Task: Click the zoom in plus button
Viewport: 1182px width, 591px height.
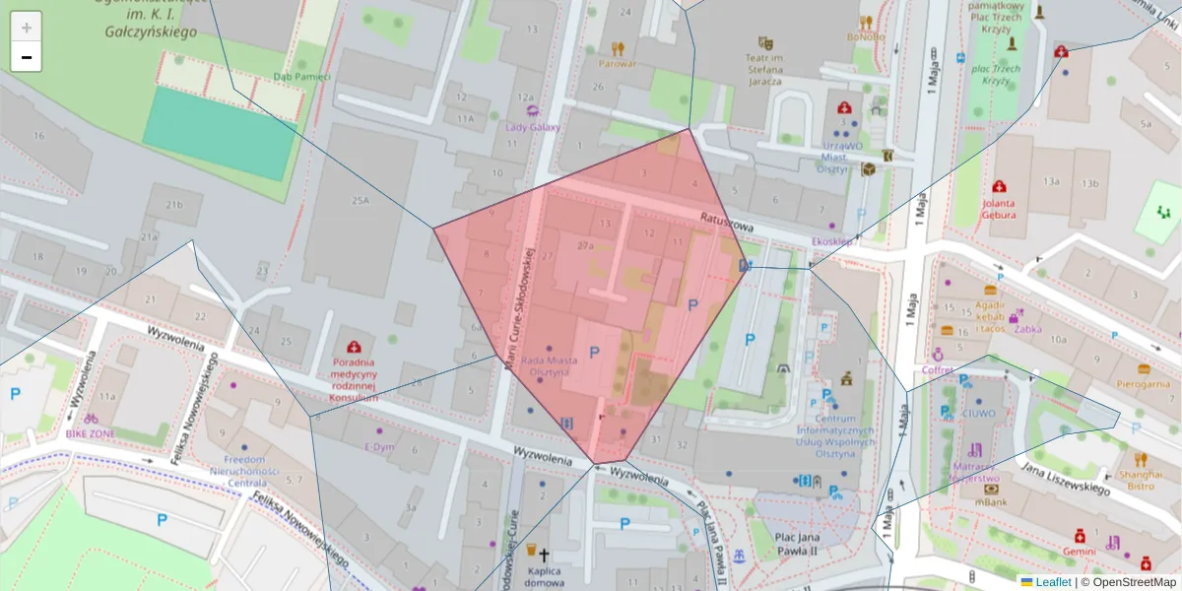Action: click(x=27, y=28)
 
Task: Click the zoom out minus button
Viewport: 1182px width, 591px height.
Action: click(x=27, y=57)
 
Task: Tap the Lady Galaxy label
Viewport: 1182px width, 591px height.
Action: click(x=532, y=127)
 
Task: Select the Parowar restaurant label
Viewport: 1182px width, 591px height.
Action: click(x=617, y=64)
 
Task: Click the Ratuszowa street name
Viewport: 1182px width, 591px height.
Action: click(x=727, y=223)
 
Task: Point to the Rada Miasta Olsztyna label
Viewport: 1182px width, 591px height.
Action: click(x=545, y=366)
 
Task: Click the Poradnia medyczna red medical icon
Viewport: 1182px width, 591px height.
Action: click(x=353, y=347)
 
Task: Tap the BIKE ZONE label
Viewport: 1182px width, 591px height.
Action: click(x=90, y=432)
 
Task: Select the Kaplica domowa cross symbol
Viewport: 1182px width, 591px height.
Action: click(x=543, y=556)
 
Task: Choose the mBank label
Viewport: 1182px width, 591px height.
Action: click(x=990, y=502)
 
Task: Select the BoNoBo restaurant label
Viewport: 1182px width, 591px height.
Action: click(x=866, y=37)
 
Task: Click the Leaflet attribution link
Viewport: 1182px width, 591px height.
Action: click(x=1053, y=582)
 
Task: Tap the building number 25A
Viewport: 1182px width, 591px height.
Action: click(x=360, y=201)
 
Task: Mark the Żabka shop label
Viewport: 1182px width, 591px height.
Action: click(x=1027, y=330)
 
